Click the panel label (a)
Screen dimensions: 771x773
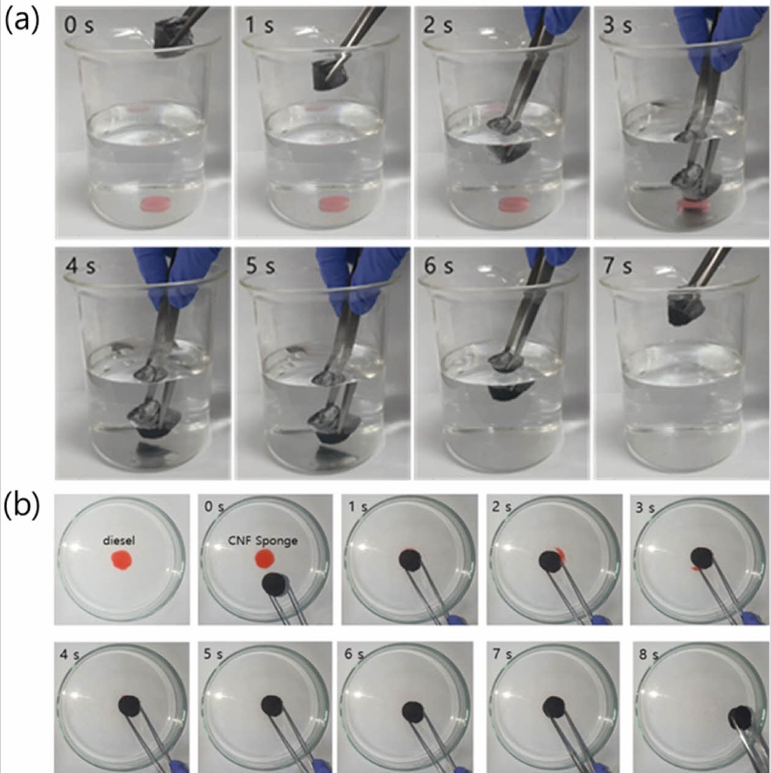coord(22,21)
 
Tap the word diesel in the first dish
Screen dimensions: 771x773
coord(119,541)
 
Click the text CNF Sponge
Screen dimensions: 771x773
coord(263,540)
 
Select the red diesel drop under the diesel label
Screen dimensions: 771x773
coord(122,560)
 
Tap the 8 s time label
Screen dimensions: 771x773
coord(649,655)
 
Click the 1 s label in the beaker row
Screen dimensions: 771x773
coord(259,26)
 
